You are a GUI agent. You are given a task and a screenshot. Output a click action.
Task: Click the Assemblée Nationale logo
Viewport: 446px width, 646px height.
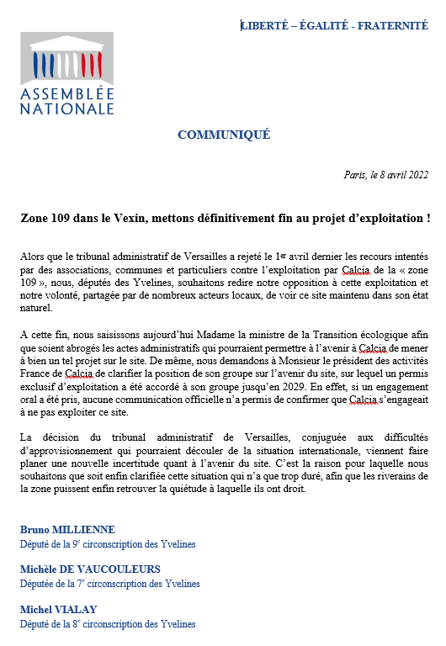coord(66,73)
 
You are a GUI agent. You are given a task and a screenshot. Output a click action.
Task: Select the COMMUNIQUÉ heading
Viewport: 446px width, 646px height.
coord(224,135)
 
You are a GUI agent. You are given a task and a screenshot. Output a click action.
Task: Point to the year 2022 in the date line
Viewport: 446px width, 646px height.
coord(417,176)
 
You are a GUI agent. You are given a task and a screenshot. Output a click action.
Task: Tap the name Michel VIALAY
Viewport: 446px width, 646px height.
coord(58,609)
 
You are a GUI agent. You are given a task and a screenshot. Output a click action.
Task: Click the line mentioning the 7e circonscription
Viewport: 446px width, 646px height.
coord(110,584)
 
